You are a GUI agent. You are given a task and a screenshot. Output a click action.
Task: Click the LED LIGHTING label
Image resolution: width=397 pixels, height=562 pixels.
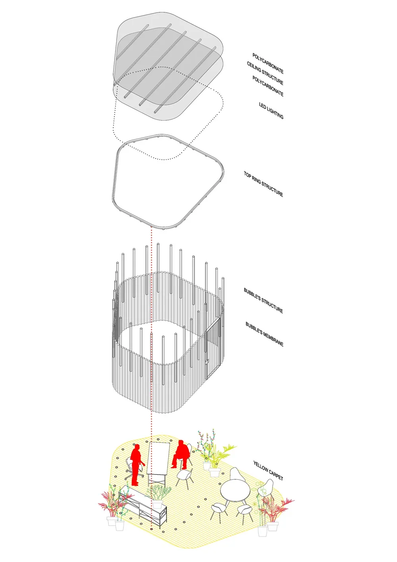[x=271, y=110]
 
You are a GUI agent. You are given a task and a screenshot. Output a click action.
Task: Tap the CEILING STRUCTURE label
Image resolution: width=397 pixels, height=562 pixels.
[x=265, y=73]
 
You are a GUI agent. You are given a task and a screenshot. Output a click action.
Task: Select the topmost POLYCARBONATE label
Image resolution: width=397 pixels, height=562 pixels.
[x=268, y=64]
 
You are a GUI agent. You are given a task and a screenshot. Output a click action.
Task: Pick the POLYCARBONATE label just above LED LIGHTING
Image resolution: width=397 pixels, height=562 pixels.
[x=268, y=86]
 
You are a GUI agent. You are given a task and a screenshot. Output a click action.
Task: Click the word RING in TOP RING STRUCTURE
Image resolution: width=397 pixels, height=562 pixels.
[x=256, y=179]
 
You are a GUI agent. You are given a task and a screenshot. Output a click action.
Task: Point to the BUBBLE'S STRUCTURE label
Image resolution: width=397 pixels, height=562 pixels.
[x=263, y=300]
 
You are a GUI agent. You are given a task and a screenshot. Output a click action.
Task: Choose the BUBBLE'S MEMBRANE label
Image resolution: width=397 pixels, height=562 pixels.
[x=264, y=334]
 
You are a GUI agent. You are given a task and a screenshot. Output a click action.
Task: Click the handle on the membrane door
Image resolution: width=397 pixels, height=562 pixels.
[x=207, y=362]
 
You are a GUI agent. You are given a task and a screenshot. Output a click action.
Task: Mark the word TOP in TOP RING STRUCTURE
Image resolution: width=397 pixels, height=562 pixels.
[x=247, y=174]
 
